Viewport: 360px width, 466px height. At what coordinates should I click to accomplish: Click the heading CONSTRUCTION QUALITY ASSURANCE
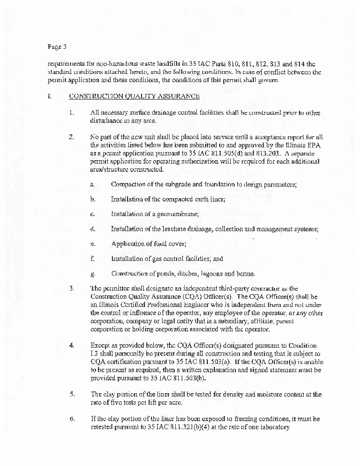coord(135,96)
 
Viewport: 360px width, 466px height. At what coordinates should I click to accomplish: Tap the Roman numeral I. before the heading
coord(51,96)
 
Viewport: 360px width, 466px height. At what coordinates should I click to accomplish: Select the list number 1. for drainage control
coord(71,112)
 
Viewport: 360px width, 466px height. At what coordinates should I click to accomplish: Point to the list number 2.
coord(71,137)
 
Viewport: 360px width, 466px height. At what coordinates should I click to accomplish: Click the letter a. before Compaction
coord(93,185)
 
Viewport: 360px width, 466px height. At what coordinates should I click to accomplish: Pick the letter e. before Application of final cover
coord(93,244)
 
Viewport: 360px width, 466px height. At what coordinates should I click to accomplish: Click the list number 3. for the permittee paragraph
coord(71,288)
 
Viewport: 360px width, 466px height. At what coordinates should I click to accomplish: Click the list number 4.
coord(71,345)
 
